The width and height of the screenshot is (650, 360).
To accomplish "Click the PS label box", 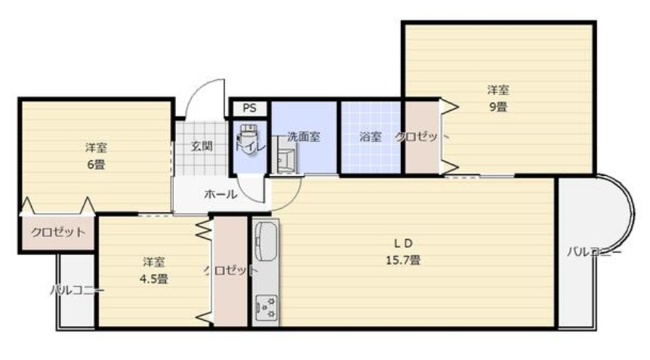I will (x=249, y=108).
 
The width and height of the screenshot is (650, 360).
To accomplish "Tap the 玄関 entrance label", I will (x=201, y=145).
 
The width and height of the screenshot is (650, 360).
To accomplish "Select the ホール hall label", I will (x=220, y=194).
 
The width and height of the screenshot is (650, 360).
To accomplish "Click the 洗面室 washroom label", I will (x=303, y=137).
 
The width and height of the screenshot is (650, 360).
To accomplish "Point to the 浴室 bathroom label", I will (x=370, y=137).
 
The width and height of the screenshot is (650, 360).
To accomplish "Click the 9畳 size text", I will (x=497, y=106).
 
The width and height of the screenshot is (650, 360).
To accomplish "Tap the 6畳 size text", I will (x=95, y=164).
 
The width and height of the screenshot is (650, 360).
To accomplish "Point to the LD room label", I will (x=404, y=243).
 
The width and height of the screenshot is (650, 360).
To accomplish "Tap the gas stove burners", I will (x=266, y=306).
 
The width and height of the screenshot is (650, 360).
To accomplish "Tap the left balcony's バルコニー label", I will (x=77, y=290).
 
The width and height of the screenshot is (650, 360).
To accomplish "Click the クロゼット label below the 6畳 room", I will (x=57, y=232).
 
